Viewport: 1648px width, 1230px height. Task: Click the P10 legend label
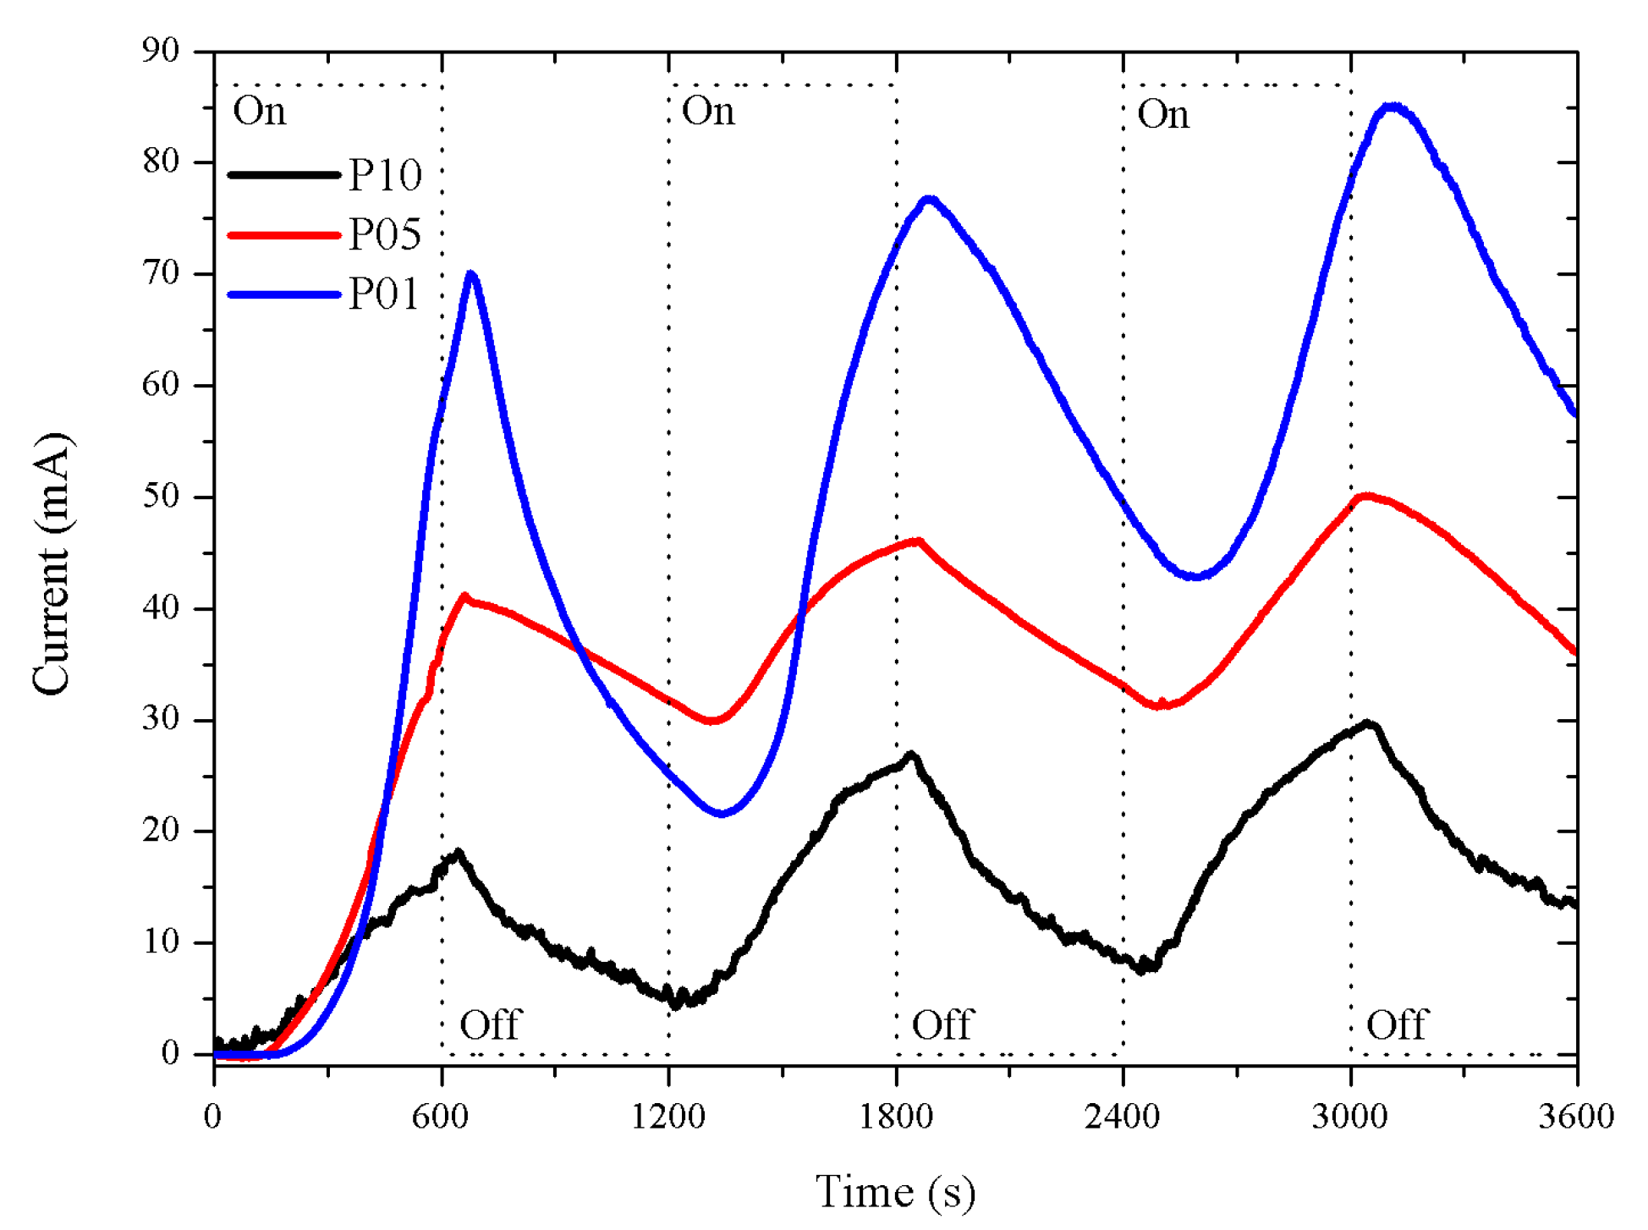[385, 175]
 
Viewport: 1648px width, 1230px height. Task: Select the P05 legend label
[385, 234]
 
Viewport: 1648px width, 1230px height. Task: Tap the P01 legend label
[384, 294]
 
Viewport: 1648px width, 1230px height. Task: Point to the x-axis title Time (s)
[895, 1193]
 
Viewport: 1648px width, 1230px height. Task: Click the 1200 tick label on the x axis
[668, 1117]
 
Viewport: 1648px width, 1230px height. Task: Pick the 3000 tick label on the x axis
[1350, 1117]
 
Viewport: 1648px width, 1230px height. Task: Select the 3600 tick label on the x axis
[1576, 1117]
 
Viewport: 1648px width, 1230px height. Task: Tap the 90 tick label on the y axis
[161, 51]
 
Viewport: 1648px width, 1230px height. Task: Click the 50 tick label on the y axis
[161, 497]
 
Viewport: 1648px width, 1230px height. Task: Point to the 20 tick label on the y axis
[161, 831]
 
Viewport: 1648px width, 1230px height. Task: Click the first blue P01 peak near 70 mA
[471, 274]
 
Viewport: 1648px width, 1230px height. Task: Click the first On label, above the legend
[259, 112]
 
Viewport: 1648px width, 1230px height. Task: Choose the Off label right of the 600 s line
[490, 1025]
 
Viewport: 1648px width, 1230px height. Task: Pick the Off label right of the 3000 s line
[1397, 1025]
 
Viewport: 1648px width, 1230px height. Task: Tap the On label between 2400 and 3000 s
[1163, 114]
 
